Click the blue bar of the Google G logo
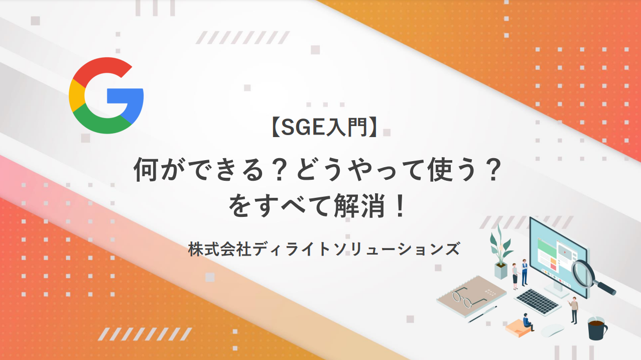click(125, 96)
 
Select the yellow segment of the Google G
click(76, 95)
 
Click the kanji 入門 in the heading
click(346, 128)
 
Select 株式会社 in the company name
click(220, 249)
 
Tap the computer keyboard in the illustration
click(537, 302)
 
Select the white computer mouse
click(552, 331)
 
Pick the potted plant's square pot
click(501, 271)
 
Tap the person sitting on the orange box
click(528, 322)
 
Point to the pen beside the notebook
click(482, 314)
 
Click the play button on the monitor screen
click(564, 252)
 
